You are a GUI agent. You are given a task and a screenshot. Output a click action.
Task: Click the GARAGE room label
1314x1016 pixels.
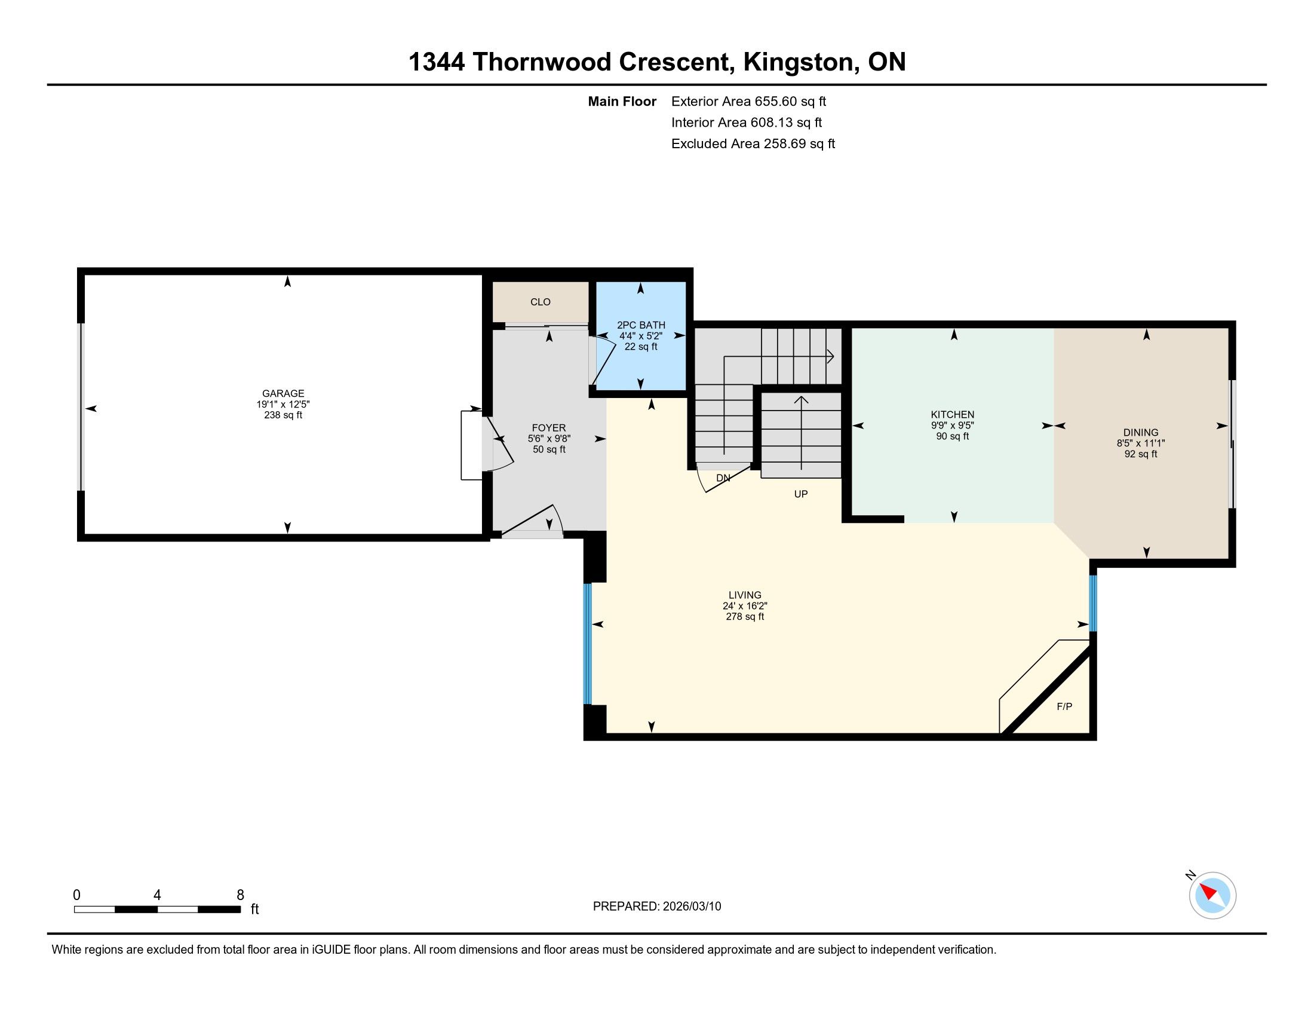[x=283, y=394]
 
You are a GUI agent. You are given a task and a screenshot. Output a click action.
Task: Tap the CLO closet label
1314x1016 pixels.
[x=541, y=302]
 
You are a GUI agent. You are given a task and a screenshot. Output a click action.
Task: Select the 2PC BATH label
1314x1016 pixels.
[x=641, y=325]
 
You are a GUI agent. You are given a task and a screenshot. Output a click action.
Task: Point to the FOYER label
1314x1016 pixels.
[x=549, y=428]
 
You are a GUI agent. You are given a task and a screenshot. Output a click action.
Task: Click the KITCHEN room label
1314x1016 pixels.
[x=953, y=415]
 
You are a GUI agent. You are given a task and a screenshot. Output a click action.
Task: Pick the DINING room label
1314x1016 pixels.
[x=1141, y=432]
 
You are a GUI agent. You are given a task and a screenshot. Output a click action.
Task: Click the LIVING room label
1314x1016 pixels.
[x=745, y=595]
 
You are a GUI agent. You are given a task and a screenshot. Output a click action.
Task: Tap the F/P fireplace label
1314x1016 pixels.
[x=1064, y=706]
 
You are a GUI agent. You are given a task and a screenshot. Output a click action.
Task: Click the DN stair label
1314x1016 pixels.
[x=723, y=478]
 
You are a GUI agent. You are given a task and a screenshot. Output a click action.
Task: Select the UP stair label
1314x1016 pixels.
[x=801, y=494]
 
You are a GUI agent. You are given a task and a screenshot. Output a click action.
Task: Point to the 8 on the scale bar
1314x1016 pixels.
[x=240, y=895]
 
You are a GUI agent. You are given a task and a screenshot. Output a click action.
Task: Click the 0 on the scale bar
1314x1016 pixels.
[x=76, y=895]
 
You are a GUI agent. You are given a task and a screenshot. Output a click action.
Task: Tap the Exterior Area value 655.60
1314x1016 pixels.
[x=774, y=102]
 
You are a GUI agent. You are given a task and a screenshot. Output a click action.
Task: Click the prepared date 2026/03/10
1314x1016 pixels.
[x=692, y=907]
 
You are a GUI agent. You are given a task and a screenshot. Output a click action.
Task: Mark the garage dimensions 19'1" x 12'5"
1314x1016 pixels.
[x=283, y=405]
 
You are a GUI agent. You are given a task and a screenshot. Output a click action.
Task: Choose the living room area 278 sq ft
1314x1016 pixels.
[x=745, y=617]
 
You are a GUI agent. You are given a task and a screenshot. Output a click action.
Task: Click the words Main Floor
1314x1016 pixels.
[x=622, y=102]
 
